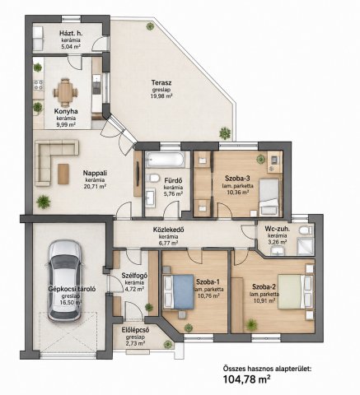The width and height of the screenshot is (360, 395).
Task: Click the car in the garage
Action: click(x=65, y=281)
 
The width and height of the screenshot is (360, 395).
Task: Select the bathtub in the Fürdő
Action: click(x=165, y=159)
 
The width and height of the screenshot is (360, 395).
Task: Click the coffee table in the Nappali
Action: click(x=63, y=174)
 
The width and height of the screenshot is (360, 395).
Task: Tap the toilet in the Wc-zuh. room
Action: click(x=306, y=230)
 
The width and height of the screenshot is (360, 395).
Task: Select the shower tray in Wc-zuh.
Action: click(x=305, y=246)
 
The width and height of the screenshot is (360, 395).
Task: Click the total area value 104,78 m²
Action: click(x=246, y=379)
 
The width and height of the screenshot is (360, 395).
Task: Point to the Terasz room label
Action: click(x=161, y=82)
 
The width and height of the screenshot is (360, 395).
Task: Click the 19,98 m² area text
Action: click(x=161, y=95)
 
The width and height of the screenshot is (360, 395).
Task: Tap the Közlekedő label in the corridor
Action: click(x=169, y=230)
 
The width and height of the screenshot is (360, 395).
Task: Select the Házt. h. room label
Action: click(x=71, y=34)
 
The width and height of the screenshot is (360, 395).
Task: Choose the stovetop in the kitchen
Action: click(x=39, y=85)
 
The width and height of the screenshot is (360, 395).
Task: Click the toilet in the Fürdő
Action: click(x=152, y=178)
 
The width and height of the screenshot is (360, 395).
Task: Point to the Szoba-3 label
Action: click(x=237, y=179)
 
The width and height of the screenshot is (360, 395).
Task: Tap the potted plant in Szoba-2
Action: click(x=251, y=325)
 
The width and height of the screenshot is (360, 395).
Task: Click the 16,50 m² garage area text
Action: click(x=71, y=303)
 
